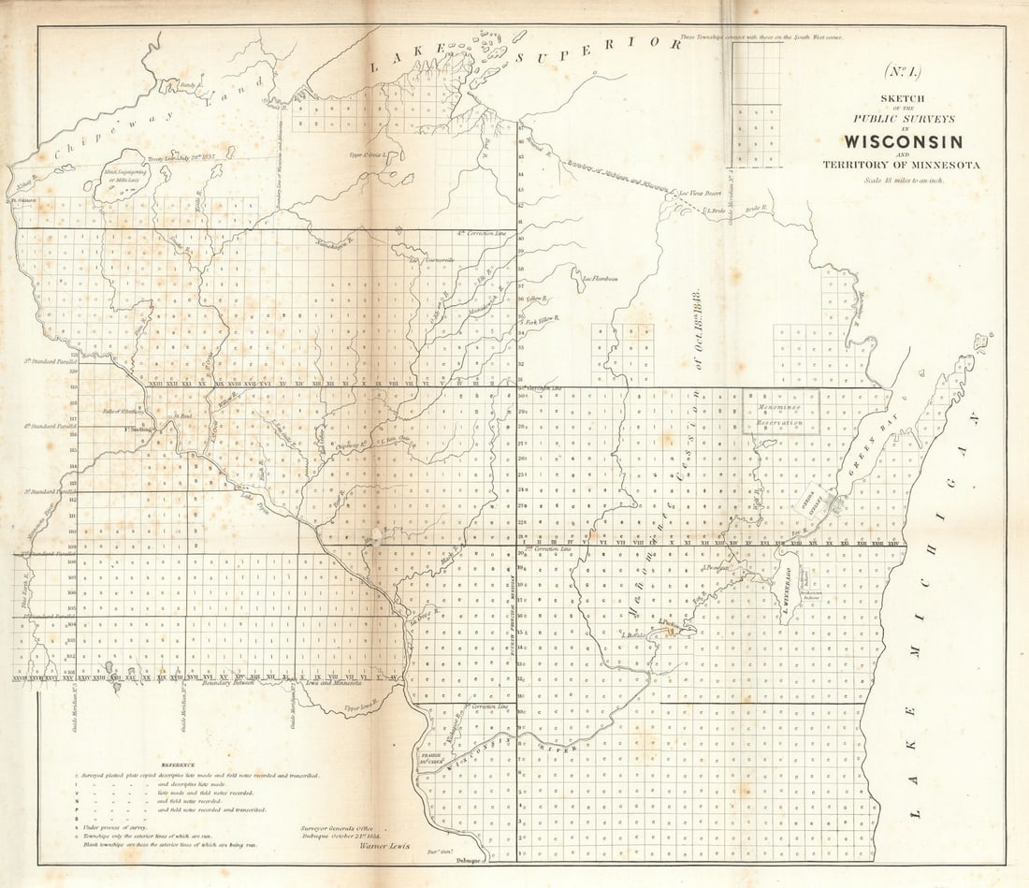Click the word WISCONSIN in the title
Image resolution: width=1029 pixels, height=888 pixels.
click(903, 142)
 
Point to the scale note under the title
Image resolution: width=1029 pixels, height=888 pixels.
click(903, 181)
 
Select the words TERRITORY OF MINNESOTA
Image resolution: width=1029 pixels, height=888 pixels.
click(902, 166)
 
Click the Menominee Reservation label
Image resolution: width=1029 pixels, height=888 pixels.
click(781, 415)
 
